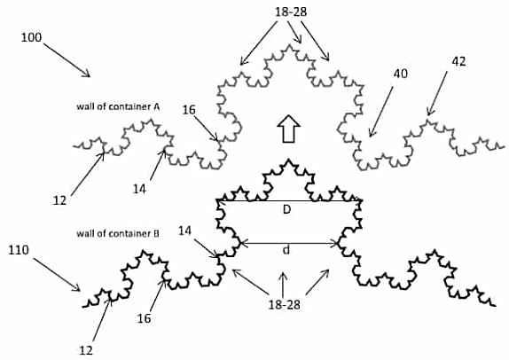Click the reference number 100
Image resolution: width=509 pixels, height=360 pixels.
coord(32,37)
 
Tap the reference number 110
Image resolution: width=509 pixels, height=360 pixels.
coord(19,250)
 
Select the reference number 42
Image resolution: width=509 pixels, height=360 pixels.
coord(458,61)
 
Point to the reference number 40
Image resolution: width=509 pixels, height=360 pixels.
coord(401,74)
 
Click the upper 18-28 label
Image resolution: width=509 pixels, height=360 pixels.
coord(291,12)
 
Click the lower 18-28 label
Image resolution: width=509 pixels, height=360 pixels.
coord(285,304)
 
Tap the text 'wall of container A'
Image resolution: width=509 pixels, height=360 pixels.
coord(118,106)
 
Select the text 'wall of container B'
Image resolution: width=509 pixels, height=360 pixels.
coord(118,233)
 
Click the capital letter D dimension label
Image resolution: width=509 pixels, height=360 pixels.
coord(286,210)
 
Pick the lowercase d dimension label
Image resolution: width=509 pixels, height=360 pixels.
coord(286,250)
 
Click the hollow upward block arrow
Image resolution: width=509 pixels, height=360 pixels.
coord(288,129)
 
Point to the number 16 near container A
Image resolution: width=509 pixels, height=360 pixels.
coord(189,110)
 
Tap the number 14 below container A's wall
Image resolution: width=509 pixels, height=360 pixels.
coord(139,189)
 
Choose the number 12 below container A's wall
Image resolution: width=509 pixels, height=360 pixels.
coord(59,200)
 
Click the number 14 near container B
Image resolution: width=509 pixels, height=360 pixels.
coord(184,231)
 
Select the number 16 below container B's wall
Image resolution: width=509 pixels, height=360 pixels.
coord(145,318)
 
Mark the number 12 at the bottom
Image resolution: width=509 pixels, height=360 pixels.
coord(86,350)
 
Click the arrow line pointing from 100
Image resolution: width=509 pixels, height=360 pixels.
coord(67,60)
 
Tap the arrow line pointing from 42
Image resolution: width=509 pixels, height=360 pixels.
coord(437,93)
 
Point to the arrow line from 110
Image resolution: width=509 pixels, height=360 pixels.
coord(57,275)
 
